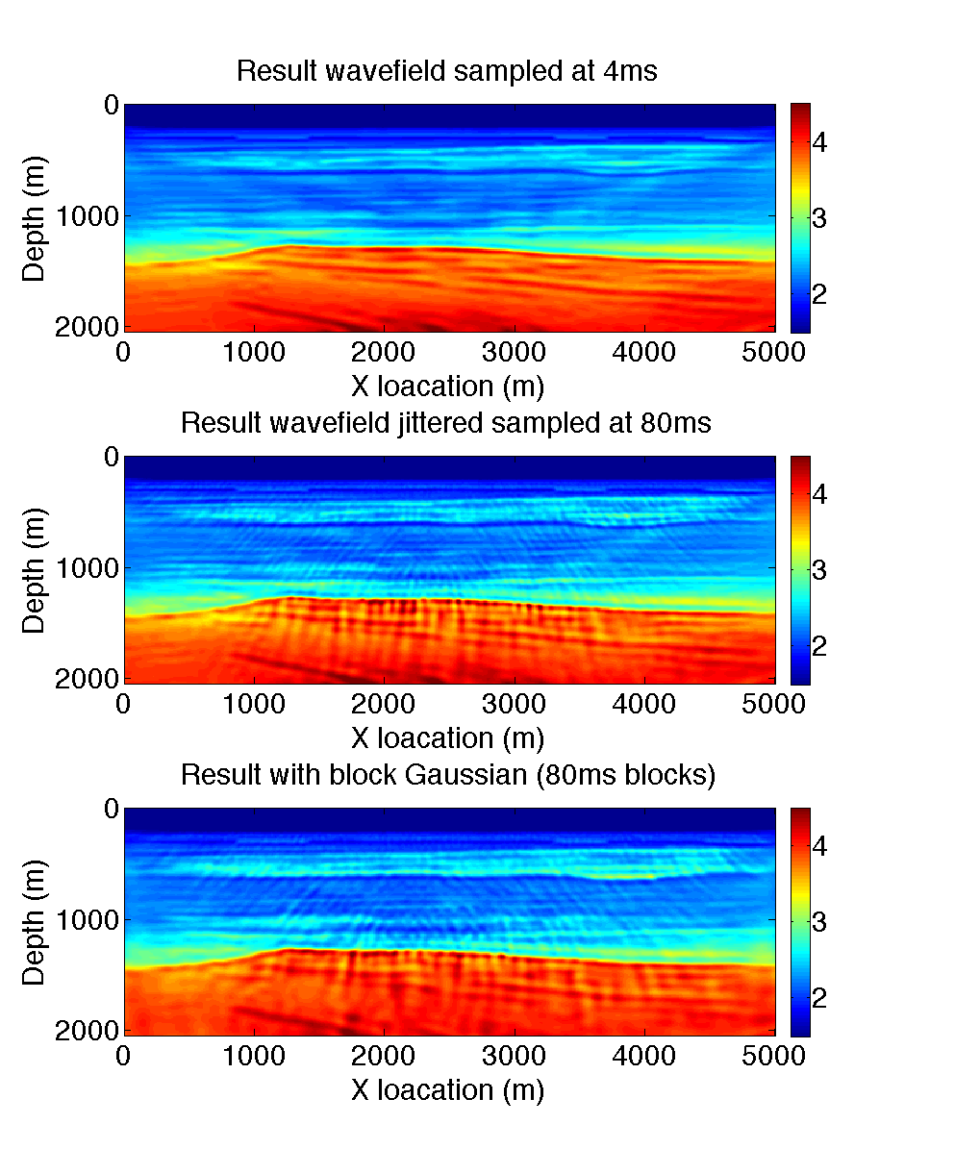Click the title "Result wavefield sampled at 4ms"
coord(446,71)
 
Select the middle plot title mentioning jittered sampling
coord(446,423)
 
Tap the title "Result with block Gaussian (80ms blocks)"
coord(448,775)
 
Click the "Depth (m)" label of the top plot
coord(34,218)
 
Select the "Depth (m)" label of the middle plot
coord(34,570)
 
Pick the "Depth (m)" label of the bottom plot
coord(34,922)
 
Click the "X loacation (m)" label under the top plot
coord(448,387)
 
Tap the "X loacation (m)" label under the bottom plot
coord(448,1090)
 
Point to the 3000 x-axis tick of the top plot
coord(515,353)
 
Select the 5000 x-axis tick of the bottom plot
coord(775,1057)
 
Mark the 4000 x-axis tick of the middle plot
coord(645,705)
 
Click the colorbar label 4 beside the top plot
coord(820,142)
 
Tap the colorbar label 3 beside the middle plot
coord(820,570)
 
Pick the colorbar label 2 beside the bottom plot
coord(820,998)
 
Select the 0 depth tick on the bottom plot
coord(111,809)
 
